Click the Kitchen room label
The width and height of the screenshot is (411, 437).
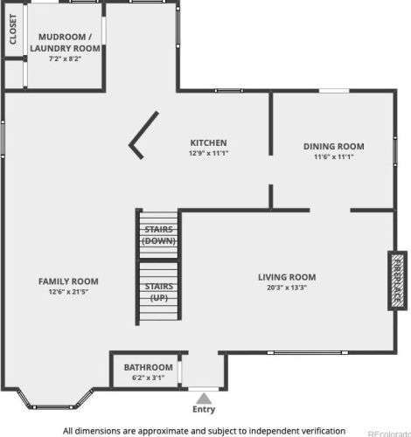click(x=208, y=142)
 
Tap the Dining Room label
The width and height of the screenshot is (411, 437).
click(x=334, y=146)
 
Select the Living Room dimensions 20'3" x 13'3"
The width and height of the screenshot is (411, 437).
click(x=287, y=288)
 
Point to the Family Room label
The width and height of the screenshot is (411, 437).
click(x=68, y=281)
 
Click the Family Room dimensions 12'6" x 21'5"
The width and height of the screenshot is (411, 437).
click(x=68, y=292)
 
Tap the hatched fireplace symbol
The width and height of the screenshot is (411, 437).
click(x=397, y=281)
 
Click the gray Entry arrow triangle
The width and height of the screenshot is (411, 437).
click(x=204, y=399)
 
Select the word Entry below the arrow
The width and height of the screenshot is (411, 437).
click(x=204, y=409)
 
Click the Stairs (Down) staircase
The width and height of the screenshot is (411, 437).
click(x=158, y=235)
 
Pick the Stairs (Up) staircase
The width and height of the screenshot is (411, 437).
click(x=158, y=291)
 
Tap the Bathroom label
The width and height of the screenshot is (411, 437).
click(x=149, y=367)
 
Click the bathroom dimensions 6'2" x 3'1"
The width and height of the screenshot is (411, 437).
click(x=149, y=378)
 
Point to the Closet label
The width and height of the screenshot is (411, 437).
click(x=13, y=30)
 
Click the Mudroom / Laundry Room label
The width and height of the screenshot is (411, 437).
click(x=65, y=43)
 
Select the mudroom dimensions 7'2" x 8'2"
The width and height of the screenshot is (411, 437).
click(x=65, y=59)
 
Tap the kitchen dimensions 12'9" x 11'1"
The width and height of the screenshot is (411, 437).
click(x=208, y=153)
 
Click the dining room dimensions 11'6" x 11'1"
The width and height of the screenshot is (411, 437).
click(x=334, y=156)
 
